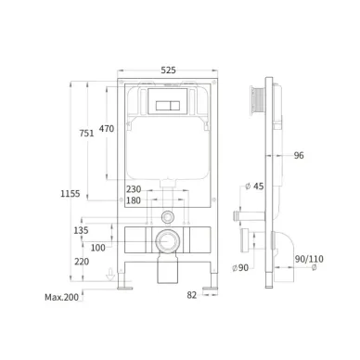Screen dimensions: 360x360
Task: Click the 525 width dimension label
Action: (x=168, y=71)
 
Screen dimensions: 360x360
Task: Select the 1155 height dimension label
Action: (x=70, y=194)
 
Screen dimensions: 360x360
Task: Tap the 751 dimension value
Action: (x=86, y=134)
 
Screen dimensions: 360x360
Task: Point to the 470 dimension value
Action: (x=107, y=129)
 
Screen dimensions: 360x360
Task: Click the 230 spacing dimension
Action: (x=134, y=189)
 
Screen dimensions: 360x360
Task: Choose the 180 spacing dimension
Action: (x=134, y=200)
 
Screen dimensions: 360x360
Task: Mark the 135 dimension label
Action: (x=81, y=230)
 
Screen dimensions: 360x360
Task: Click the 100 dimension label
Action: (x=98, y=248)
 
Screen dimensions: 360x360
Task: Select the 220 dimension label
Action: (x=82, y=262)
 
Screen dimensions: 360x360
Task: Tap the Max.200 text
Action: (x=62, y=298)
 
